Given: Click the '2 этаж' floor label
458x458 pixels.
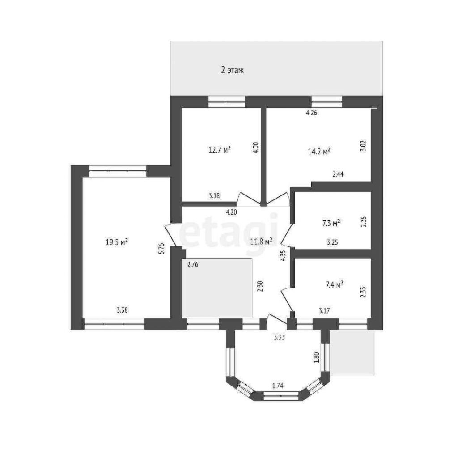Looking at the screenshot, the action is [x=232, y=70].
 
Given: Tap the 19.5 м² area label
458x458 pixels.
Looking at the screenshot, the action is [x=117, y=242].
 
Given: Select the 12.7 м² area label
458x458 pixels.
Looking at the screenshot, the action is [x=219, y=150].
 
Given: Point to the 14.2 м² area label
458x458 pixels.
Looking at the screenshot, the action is [x=319, y=151].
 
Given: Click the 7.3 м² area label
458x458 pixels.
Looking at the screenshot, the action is [x=331, y=223].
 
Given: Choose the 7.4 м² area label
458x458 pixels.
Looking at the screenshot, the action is [x=334, y=285].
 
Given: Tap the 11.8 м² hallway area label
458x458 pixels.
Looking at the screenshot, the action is [x=261, y=241].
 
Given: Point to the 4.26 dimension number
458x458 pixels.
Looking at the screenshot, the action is [x=311, y=113].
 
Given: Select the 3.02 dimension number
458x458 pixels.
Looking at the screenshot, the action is [x=363, y=146].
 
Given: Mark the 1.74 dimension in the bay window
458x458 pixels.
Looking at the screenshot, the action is [x=278, y=386].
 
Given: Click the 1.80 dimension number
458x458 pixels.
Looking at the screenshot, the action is [x=317, y=357].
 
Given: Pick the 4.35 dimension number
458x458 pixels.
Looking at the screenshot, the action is [x=283, y=255].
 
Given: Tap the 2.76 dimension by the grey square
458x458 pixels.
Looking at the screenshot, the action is [x=193, y=265].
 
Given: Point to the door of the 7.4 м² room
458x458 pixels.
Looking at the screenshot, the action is [x=287, y=299].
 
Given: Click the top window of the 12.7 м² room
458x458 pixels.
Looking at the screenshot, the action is [x=227, y=102].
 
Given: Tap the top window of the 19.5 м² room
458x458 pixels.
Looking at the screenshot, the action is [x=118, y=171].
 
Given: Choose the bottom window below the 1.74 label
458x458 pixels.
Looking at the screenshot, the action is [x=281, y=396].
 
